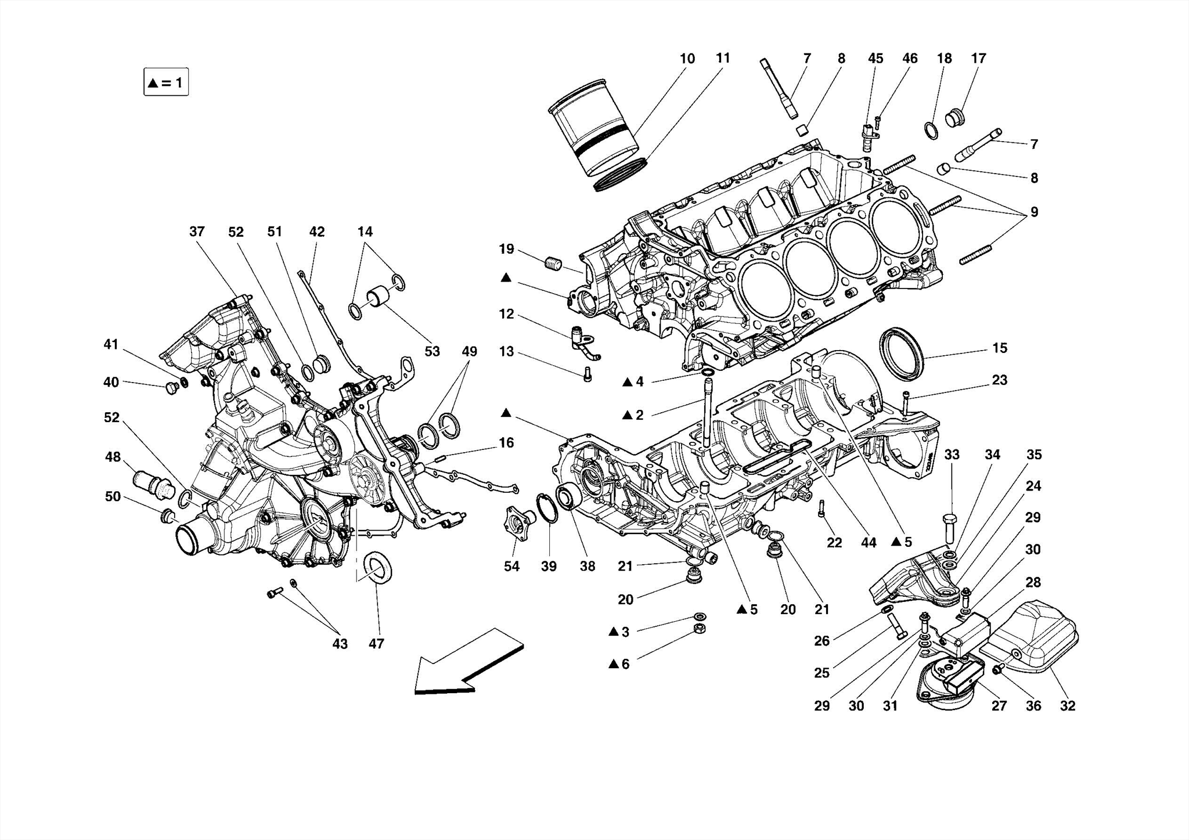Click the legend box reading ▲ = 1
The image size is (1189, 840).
click(166, 82)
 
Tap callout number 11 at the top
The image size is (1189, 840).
click(722, 58)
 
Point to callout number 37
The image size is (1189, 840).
click(197, 232)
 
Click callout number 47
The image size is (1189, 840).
click(376, 643)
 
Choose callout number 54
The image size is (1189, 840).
click(511, 566)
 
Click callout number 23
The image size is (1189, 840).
click(999, 380)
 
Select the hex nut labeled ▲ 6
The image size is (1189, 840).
click(700, 629)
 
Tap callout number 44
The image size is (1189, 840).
click(869, 542)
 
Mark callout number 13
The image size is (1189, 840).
click(506, 351)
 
